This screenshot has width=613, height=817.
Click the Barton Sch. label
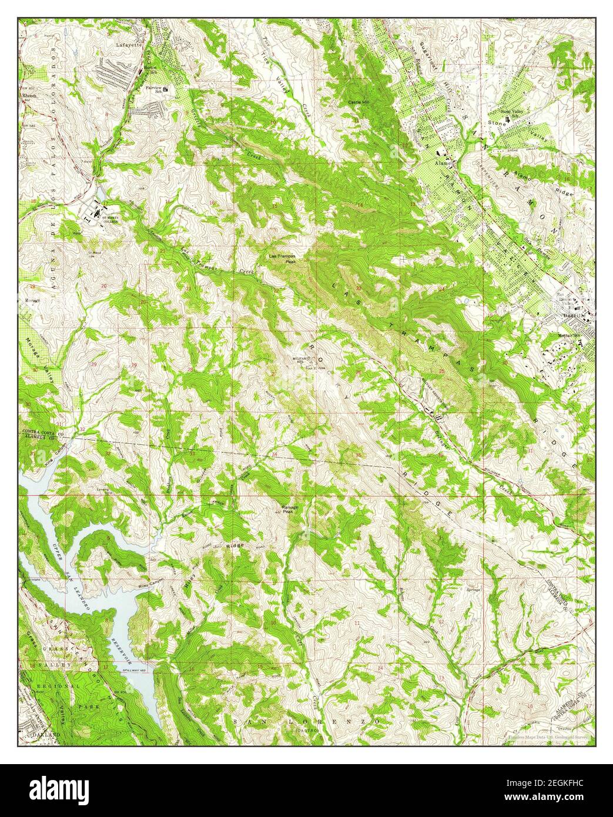(x=151, y=70)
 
